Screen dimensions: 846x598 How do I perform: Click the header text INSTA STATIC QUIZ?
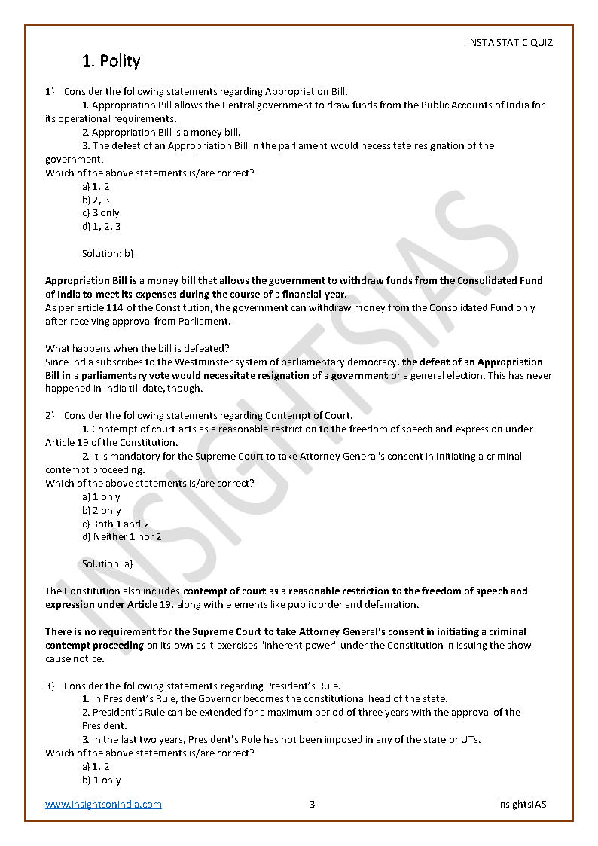coord(509,43)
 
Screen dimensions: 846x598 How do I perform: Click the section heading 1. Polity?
coord(111,61)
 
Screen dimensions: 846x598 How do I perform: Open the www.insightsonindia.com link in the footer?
coord(103,804)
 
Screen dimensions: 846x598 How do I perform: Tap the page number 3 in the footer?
coord(312,804)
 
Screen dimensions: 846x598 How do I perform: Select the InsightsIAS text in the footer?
coord(521,804)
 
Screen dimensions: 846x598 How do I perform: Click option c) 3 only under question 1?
coord(101,213)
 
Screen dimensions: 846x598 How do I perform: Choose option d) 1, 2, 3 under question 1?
coord(101,227)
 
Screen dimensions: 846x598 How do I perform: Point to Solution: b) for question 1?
coord(108,254)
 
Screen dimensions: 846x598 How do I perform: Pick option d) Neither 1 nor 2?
coord(121,537)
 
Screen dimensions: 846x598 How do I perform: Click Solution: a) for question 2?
coord(107,563)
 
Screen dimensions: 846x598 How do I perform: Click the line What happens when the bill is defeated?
coord(137,348)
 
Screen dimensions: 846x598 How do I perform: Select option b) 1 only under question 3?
coord(101,780)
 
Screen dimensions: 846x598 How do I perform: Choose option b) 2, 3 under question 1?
coord(96,200)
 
